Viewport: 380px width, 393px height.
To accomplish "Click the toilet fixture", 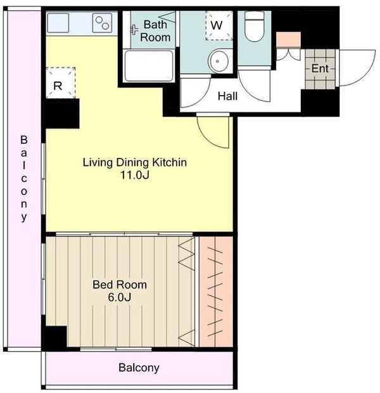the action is point(254,27).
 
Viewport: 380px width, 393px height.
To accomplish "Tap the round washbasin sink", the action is point(218,61).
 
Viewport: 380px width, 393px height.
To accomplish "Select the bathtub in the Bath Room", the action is point(149,66).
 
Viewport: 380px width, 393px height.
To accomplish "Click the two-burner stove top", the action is point(102,23).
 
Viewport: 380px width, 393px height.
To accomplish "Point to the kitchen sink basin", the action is point(58,23).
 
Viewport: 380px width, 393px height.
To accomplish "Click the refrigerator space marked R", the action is point(61,82).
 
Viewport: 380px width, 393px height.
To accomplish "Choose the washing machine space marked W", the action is point(219,25).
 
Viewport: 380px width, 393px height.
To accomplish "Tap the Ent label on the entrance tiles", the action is point(320,68).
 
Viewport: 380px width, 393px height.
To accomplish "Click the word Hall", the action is point(227,96).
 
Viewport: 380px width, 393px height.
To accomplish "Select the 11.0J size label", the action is point(135,175).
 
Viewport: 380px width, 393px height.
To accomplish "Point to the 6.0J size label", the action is point(120,297).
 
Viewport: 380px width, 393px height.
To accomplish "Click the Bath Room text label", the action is point(155,31).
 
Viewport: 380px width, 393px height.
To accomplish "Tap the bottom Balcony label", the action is point(139,368).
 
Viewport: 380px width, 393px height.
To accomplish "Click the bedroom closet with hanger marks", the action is point(216,292).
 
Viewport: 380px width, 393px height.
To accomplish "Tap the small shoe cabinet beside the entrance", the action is point(288,39).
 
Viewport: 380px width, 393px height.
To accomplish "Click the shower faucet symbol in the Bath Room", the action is point(134,30).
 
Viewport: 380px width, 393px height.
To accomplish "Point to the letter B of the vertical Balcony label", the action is point(24,139).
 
